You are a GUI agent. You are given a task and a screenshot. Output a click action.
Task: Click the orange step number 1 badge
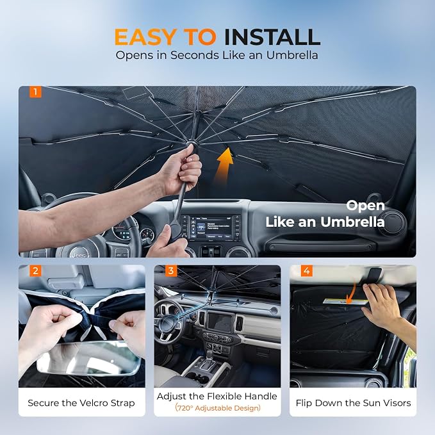click(35, 92)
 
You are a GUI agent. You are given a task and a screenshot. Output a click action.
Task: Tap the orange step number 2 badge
click(35, 271)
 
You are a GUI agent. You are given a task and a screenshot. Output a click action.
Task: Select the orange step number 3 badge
click(171, 271)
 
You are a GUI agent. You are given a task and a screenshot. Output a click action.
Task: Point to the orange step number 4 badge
click(307, 271)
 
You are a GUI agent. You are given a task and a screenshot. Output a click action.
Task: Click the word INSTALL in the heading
click(272, 37)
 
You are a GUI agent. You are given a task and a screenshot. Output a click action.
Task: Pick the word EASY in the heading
click(145, 37)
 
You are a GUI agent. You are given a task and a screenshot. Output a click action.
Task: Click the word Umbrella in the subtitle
click(292, 55)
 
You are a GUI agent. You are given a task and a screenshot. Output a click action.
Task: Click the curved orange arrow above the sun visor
click(352, 292)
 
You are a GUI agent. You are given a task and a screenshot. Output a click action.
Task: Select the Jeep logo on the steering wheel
click(79, 253)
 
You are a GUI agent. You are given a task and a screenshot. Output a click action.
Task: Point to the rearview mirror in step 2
click(88, 358)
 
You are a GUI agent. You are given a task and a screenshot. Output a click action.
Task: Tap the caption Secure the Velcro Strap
click(81, 403)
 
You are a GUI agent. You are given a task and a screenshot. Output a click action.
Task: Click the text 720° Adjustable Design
click(218, 408)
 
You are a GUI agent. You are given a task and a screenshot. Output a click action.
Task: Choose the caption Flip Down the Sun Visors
click(353, 403)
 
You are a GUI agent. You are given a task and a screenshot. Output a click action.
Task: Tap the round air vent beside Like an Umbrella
click(391, 222)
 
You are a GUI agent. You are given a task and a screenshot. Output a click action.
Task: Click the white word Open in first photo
click(365, 206)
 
